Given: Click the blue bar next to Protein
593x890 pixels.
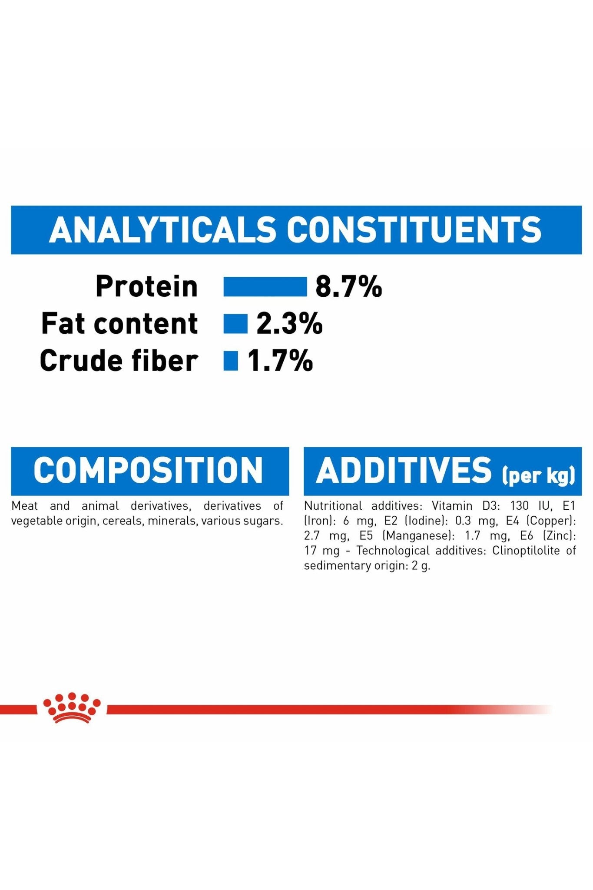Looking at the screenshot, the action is [265, 287].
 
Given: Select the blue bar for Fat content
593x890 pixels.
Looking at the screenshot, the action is [235, 324].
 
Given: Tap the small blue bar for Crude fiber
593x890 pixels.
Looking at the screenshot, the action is [231, 361].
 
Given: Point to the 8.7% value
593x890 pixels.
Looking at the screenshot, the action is [348, 287].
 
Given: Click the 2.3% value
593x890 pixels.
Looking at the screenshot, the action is [289, 324].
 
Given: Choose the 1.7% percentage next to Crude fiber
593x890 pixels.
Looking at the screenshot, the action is [280, 361].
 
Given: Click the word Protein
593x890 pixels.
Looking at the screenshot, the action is [146, 287].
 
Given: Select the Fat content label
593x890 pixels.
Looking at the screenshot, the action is [119, 324].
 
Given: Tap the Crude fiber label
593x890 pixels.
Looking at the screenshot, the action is [119, 361].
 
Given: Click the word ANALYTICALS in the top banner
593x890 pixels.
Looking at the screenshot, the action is [162, 229].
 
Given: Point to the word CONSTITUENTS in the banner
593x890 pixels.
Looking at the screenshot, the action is [414, 229].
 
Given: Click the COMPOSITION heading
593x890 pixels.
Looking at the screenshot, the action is [148, 470].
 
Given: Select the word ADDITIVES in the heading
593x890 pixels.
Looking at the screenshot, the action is [404, 470].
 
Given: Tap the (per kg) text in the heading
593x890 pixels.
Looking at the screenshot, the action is [539, 475].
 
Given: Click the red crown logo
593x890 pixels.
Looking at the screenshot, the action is [72, 707].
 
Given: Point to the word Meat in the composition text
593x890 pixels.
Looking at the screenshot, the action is [24, 506].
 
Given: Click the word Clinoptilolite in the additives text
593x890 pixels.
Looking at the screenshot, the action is [526, 551].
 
